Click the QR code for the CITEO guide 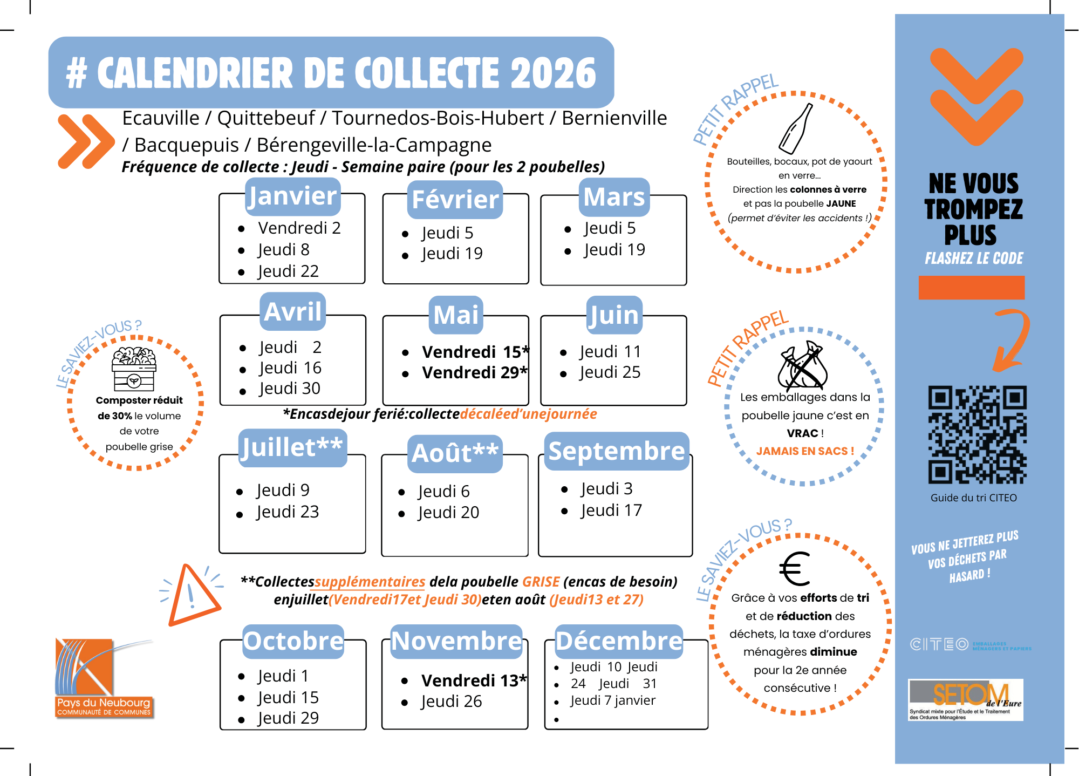click(x=977, y=434)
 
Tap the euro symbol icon click(x=795, y=569)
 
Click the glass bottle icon click(x=796, y=128)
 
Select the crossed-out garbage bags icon click(x=802, y=365)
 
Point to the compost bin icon click(x=134, y=369)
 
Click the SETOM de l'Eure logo click(x=966, y=699)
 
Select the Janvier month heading click(x=292, y=196)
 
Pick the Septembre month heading click(x=617, y=451)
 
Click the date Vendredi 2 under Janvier click(x=299, y=228)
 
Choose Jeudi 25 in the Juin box click(x=610, y=372)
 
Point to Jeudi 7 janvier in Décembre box click(x=613, y=700)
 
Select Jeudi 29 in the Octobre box click(x=288, y=718)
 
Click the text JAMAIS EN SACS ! click(x=805, y=451)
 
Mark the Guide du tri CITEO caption click(x=973, y=498)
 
